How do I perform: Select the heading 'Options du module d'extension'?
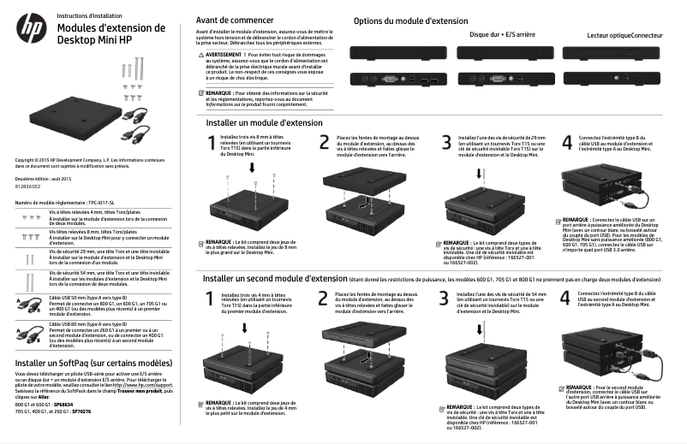tap(411, 20)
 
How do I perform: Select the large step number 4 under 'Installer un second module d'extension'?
tap(565, 299)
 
